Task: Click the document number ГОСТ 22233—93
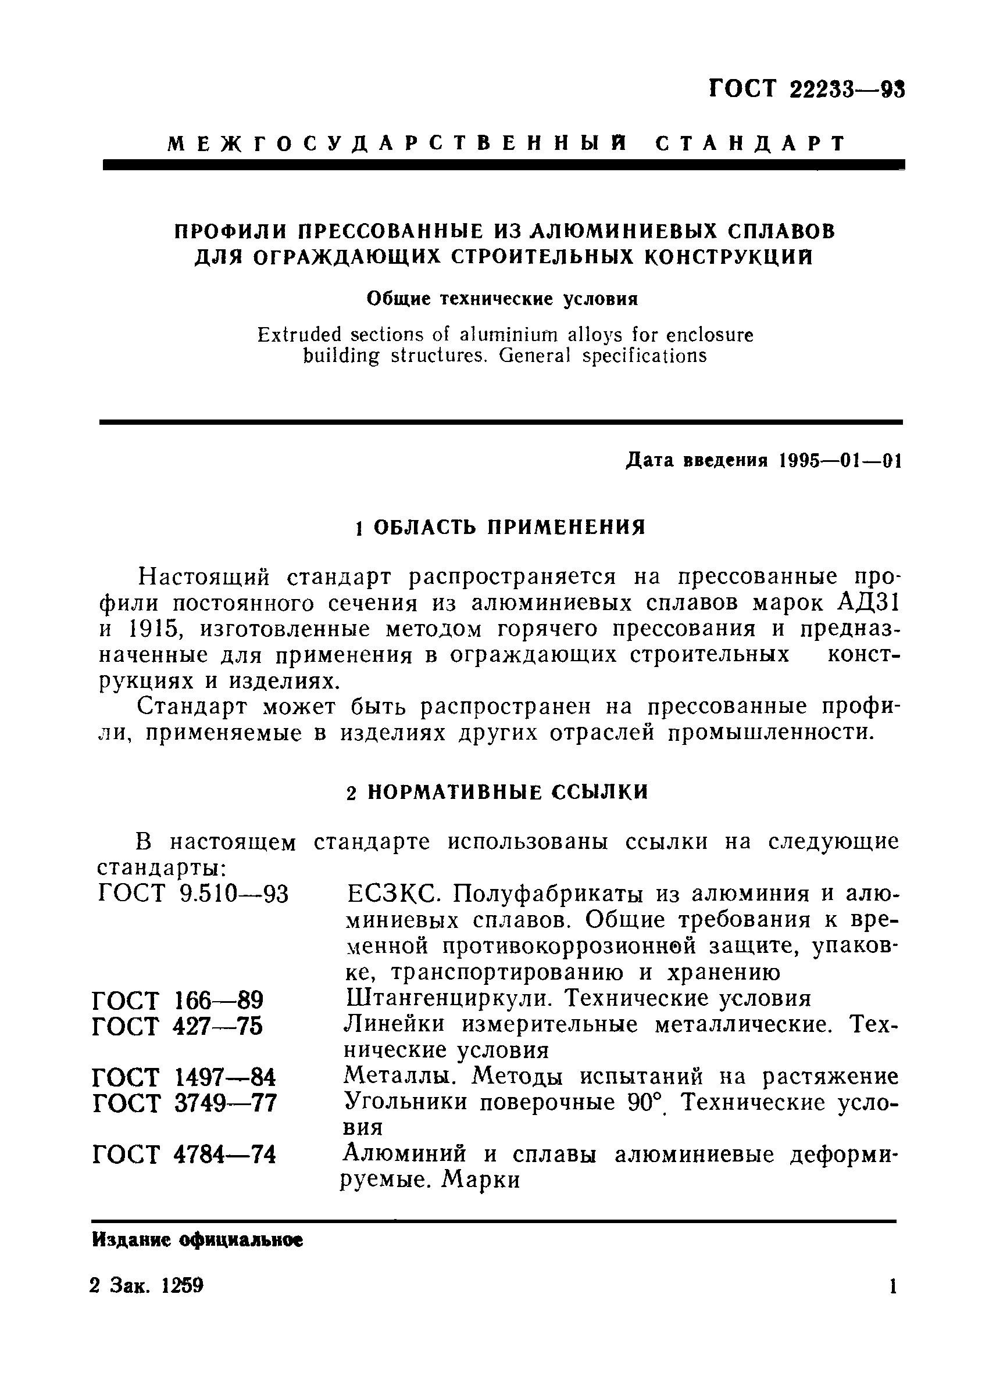click(x=806, y=89)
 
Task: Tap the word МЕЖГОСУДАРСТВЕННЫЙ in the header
click(x=396, y=144)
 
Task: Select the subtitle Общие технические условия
click(x=502, y=299)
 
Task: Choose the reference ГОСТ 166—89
click(x=178, y=999)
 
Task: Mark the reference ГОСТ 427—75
click(x=178, y=1026)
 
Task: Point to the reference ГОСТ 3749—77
click(x=185, y=1103)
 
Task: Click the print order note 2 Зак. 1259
click(x=147, y=1302)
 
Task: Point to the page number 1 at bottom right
click(x=892, y=1303)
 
